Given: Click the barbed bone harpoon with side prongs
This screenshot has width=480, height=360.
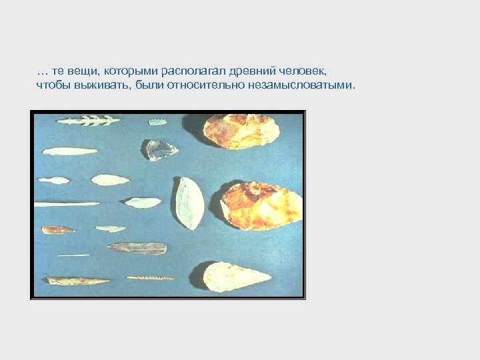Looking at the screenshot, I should click(x=88, y=121).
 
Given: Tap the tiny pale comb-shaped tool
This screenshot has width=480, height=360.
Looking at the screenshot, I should click(x=157, y=122).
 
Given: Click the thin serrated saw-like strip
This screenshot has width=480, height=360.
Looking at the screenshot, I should click(x=150, y=277).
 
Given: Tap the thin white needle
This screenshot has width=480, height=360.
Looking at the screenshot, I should click(x=73, y=255).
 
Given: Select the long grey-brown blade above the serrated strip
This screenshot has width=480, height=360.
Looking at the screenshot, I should click(x=137, y=248).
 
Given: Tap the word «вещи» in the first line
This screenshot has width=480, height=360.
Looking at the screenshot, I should click(x=81, y=70).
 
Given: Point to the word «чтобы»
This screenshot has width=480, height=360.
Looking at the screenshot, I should click(x=49, y=86).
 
